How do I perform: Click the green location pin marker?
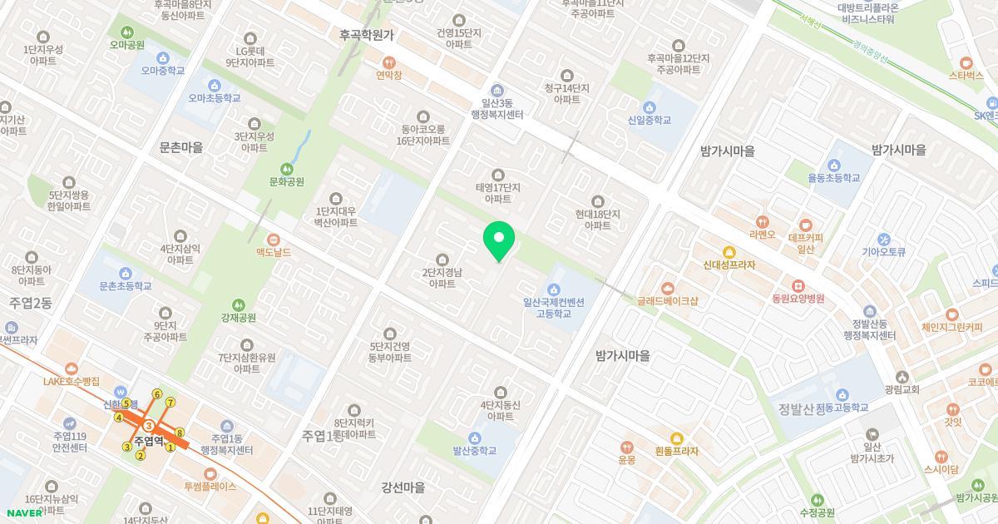point(499,240)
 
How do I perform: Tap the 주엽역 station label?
point(148,442)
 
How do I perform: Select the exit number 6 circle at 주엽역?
point(156,394)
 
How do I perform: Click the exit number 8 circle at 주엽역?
point(180,433)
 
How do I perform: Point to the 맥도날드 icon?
point(273,240)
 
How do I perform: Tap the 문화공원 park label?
point(287,181)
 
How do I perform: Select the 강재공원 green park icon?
point(239,305)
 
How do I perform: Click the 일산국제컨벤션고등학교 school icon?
point(554,289)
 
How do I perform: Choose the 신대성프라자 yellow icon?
point(729,252)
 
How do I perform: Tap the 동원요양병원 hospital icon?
point(798,285)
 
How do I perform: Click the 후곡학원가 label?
point(367,36)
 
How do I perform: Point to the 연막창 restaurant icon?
point(388,62)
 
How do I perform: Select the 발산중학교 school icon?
point(475,438)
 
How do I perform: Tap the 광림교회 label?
point(902,389)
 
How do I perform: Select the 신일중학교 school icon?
point(650,107)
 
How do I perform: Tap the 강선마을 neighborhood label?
point(403,487)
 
